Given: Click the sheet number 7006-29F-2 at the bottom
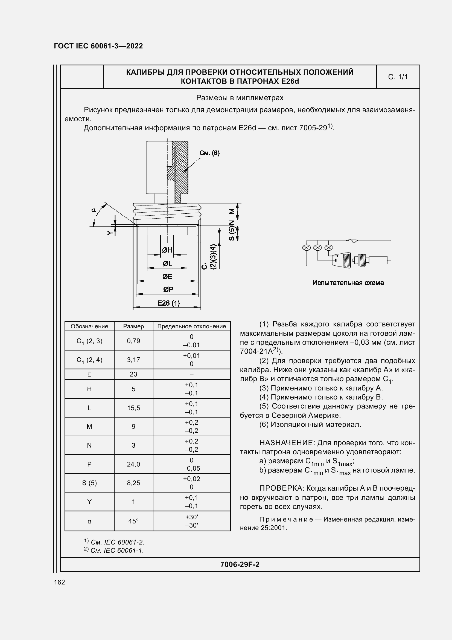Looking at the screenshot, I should pyautogui.click(x=240, y=564).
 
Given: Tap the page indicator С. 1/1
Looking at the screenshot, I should pyautogui.click(x=398, y=77).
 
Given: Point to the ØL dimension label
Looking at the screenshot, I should pyautogui.click(x=167, y=263).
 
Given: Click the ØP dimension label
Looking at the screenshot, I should pyautogui.click(x=168, y=289).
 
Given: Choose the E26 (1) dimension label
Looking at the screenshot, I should pyautogui.click(x=168, y=303).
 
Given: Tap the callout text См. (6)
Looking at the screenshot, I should pyautogui.click(x=209, y=153).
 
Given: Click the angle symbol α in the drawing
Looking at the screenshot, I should pyautogui.click(x=93, y=210).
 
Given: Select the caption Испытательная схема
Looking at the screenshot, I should pyautogui.click(x=348, y=283).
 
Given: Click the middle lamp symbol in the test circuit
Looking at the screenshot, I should pyautogui.click(x=317, y=248).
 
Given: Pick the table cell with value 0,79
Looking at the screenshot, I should pyautogui.click(x=133, y=341).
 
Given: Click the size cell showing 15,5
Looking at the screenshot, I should pyautogui.click(x=133, y=408).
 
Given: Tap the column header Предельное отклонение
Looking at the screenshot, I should pyautogui.click(x=192, y=326).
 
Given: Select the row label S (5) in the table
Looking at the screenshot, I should pyautogui.click(x=89, y=483).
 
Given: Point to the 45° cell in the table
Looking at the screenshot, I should pyautogui.click(x=133, y=521).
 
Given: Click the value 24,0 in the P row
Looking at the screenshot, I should pyautogui.click(x=133, y=464).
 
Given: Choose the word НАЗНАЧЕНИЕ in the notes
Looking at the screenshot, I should pyautogui.click(x=287, y=443).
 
